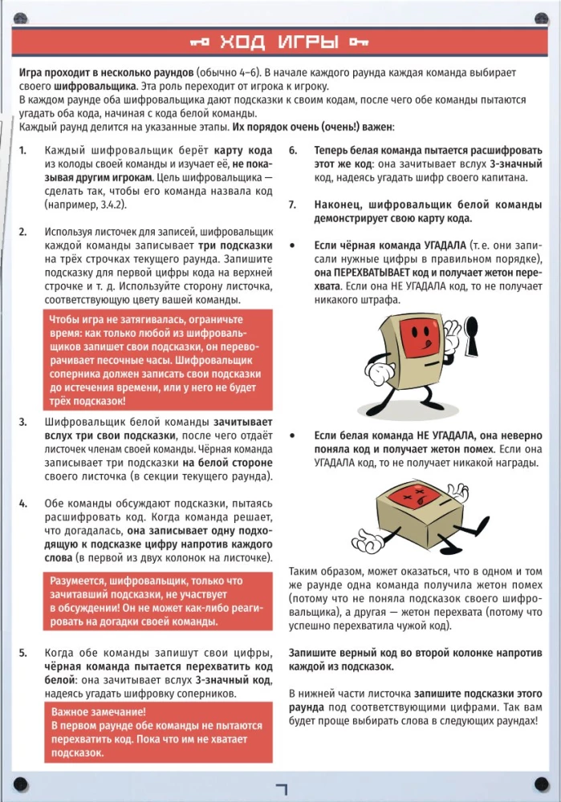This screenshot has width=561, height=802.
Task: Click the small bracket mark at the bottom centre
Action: pyautogui.click(x=280, y=789)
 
